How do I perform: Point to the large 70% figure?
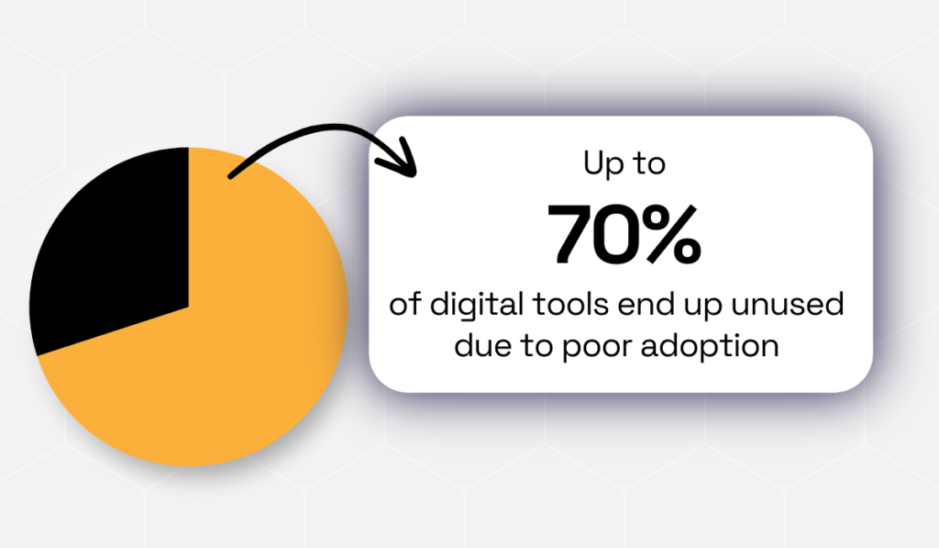(x=624, y=234)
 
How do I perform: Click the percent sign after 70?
(x=669, y=234)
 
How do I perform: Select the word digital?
(x=477, y=305)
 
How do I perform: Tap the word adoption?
(x=711, y=347)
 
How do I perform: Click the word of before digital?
(x=405, y=304)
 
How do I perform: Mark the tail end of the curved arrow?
(x=231, y=175)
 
